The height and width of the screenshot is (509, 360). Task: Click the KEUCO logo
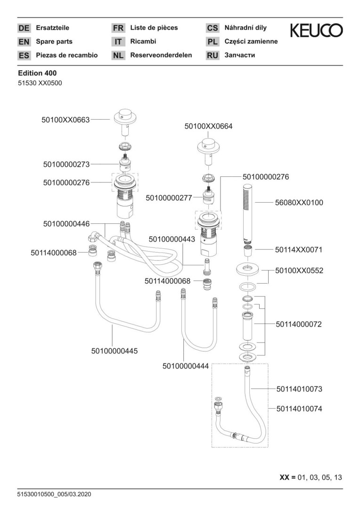click(316, 31)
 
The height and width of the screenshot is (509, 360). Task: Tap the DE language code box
click(24, 28)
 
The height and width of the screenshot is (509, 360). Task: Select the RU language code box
click(213, 56)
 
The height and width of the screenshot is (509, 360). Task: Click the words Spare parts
click(54, 41)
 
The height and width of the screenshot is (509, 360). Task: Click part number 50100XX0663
click(65, 120)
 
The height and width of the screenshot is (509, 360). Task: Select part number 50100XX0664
click(208, 126)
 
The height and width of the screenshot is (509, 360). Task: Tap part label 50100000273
click(66, 164)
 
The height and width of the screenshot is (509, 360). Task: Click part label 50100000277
click(169, 198)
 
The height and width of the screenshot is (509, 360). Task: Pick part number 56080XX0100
click(299, 203)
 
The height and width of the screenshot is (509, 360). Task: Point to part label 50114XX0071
click(299, 249)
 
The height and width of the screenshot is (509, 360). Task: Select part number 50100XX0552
click(299, 271)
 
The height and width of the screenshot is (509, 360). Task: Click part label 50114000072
click(299, 324)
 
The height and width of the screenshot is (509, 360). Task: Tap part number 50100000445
click(115, 351)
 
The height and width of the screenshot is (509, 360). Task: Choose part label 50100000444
click(185, 366)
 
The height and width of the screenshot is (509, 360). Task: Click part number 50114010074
click(299, 409)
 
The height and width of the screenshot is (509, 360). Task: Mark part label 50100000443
click(172, 239)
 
